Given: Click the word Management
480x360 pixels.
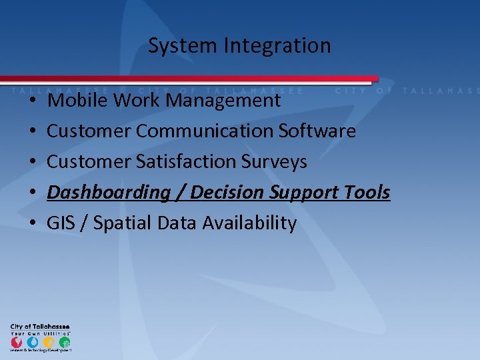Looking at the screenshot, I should coord(223,101).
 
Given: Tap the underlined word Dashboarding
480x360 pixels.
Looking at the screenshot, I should coord(109,193).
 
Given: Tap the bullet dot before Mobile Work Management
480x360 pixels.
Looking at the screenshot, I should coord(33,101).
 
